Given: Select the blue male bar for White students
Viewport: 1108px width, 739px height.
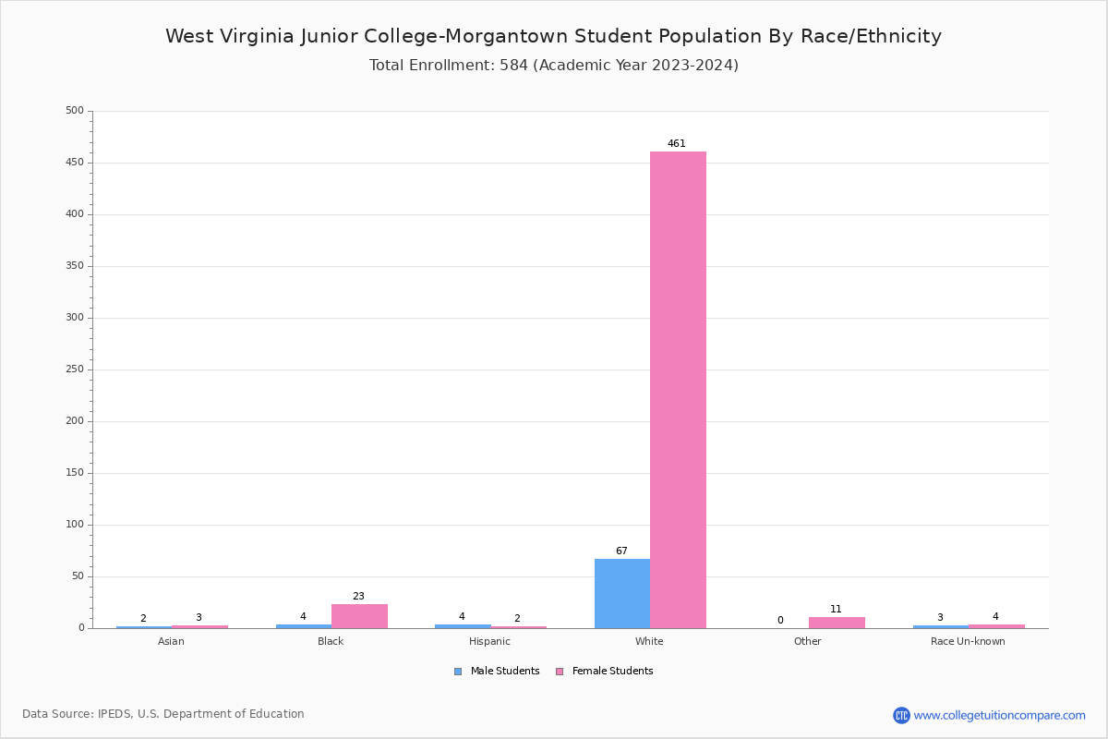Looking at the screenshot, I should (621, 593).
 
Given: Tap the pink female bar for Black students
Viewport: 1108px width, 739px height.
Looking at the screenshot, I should (359, 616).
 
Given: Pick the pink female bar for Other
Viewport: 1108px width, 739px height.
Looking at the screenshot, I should (837, 623).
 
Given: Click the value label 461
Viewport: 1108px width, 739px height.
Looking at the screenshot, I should (677, 144).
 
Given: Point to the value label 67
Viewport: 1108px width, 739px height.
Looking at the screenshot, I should (621, 551).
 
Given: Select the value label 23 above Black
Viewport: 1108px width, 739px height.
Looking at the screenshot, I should (358, 597).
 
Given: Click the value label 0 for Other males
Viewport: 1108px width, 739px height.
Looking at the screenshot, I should (780, 621).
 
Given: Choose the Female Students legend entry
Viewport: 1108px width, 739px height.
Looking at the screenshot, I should (605, 672).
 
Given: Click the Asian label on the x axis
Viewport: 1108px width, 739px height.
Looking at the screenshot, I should (171, 642).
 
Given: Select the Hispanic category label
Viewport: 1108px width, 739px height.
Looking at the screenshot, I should (489, 642).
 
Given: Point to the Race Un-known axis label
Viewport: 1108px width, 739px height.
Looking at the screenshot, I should (968, 642).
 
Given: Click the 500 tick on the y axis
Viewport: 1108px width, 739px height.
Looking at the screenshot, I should (75, 111).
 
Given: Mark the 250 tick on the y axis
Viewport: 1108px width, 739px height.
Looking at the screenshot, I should (75, 369).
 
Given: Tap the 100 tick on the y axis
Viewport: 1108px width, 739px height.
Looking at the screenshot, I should (75, 525).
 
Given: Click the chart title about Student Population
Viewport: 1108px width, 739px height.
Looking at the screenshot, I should (553, 36).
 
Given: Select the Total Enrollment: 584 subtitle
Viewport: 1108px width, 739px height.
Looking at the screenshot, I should (553, 66).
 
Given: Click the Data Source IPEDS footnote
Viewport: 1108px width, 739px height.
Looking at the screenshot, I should (163, 714).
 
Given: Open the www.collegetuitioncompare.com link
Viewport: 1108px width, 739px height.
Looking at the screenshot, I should (999, 715).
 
